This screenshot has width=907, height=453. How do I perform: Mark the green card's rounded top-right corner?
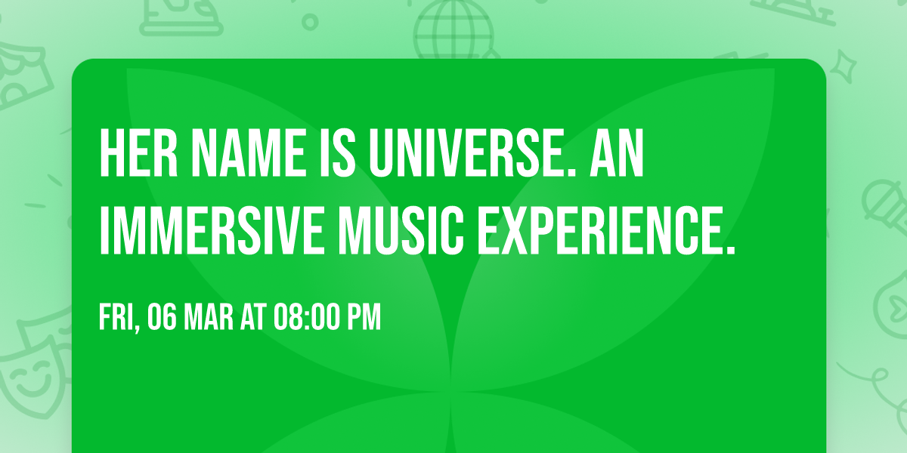pos(819,66)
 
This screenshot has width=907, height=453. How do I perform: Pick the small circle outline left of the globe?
pos(309,23)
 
